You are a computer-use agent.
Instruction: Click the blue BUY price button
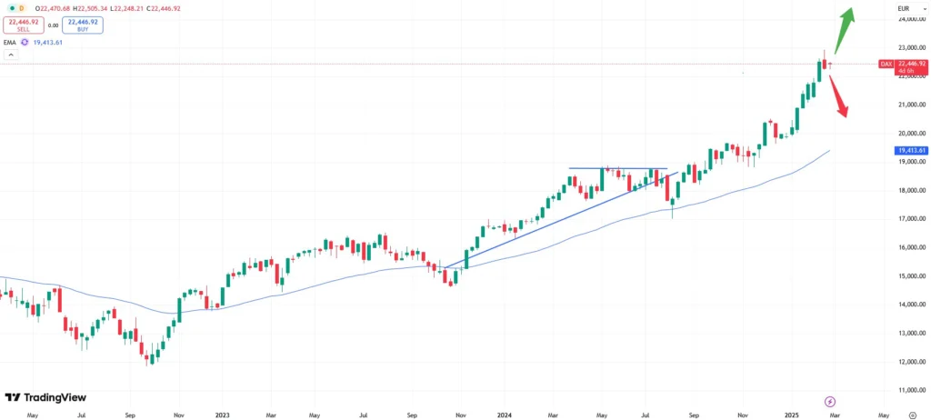click(x=83, y=25)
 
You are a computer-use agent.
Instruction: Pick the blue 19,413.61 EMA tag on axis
click(x=910, y=150)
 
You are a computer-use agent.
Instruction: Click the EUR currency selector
click(x=903, y=8)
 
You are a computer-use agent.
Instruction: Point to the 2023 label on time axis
click(x=222, y=415)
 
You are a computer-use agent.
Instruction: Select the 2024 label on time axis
click(x=505, y=415)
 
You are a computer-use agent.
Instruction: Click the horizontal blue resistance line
click(x=618, y=168)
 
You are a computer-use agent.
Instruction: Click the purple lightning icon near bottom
click(x=829, y=401)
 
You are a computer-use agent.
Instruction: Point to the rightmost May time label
click(x=883, y=415)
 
